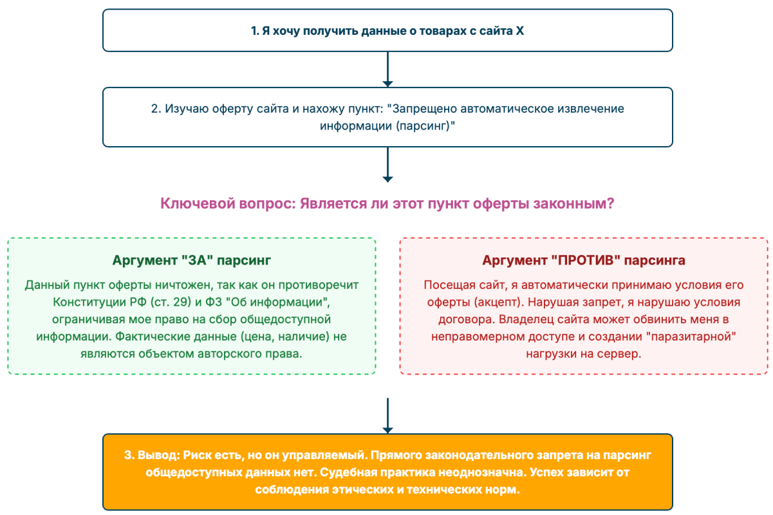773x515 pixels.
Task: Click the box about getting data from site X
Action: coord(387,30)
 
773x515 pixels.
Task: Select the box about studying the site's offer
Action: coord(387,117)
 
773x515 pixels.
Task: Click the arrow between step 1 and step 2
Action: coord(387,69)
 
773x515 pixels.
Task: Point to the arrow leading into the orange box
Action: coord(387,416)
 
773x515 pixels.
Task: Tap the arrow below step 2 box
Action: coord(387,165)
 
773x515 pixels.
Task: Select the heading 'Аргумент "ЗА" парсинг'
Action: coord(192,261)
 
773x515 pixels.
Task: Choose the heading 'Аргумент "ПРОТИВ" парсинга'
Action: coord(584,261)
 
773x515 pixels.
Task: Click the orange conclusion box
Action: coord(387,472)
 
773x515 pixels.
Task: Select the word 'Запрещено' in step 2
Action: coord(418,109)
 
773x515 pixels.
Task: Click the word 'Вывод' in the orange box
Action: coord(158,455)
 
